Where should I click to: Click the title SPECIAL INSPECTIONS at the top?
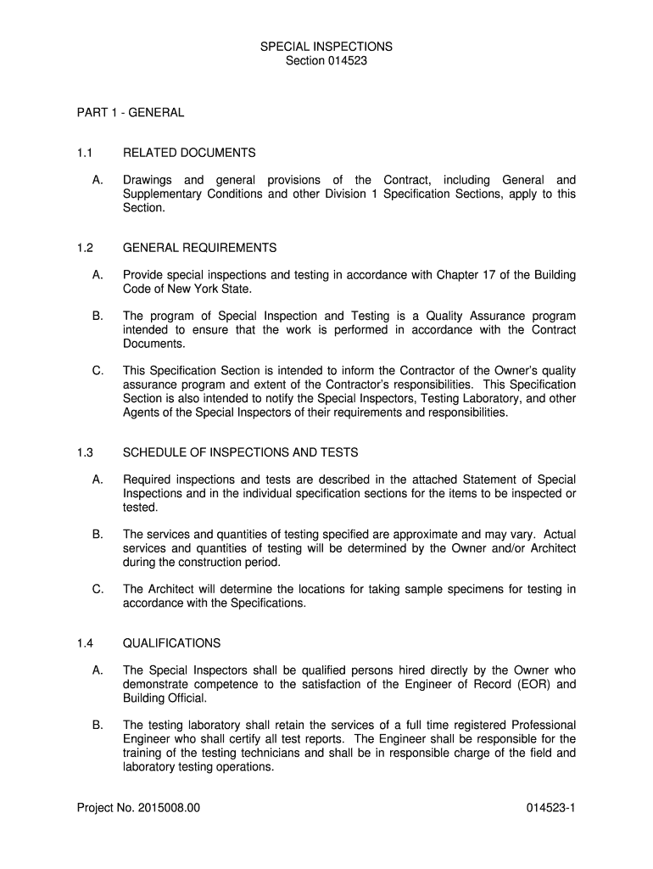pyautogui.click(x=326, y=47)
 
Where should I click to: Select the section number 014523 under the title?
pyautogui.click(x=345, y=61)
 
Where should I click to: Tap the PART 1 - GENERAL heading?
pyautogui.click(x=130, y=112)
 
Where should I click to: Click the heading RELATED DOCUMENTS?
pyautogui.click(x=189, y=153)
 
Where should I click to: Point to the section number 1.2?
pyautogui.click(x=84, y=248)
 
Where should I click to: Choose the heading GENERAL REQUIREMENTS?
pyautogui.click(x=200, y=248)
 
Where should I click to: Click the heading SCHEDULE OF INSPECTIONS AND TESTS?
pyautogui.click(x=241, y=452)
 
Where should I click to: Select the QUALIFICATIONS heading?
pyautogui.click(x=172, y=643)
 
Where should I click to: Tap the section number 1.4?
pyautogui.click(x=84, y=643)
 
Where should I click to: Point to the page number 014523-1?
pyautogui.click(x=550, y=808)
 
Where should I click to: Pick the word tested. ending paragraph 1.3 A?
pyautogui.click(x=141, y=507)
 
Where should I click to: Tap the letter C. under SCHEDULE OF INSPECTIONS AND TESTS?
pyautogui.click(x=98, y=589)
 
